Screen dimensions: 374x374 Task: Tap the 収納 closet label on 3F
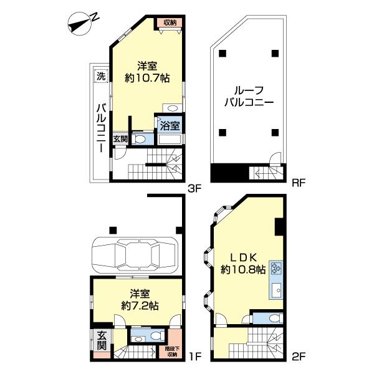coord(170,22)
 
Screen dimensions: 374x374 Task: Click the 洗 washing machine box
coord(100,77)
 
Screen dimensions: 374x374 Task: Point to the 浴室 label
coord(170,125)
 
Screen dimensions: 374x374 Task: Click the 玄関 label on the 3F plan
coord(120,138)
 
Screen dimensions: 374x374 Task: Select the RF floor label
coord(298,183)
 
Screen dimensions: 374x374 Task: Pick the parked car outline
coord(135,255)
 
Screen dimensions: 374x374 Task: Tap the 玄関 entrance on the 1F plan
coord(102,341)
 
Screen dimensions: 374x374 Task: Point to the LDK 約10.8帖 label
coord(243,264)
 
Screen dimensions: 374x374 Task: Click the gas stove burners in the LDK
coord(276,271)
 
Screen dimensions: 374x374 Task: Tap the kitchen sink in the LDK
coord(276,290)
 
